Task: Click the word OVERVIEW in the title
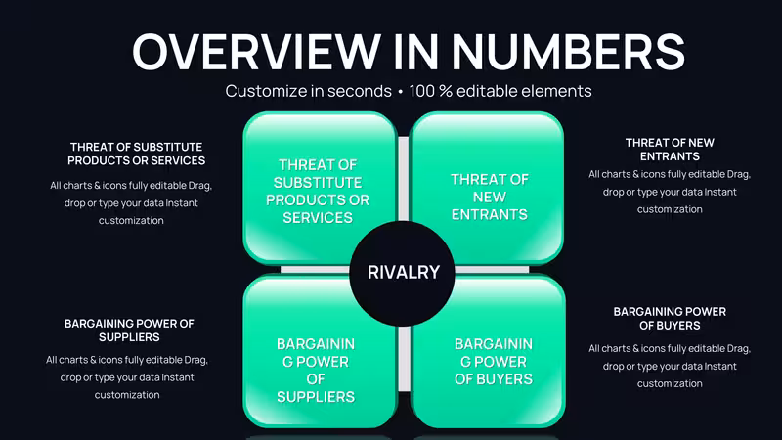256,52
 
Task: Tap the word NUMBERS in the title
569,52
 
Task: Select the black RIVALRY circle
403,274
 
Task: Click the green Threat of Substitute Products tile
320,187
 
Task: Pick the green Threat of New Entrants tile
487,187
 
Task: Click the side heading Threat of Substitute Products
136,154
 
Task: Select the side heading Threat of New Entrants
670,150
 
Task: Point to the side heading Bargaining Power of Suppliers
129,330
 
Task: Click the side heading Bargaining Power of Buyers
670,319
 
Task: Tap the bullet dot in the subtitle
401,92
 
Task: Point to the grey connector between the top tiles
404,179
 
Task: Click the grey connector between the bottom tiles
404,358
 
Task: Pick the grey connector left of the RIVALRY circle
315,270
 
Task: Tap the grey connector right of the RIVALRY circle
492,270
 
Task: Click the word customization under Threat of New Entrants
670,209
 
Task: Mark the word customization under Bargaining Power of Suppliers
127,395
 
